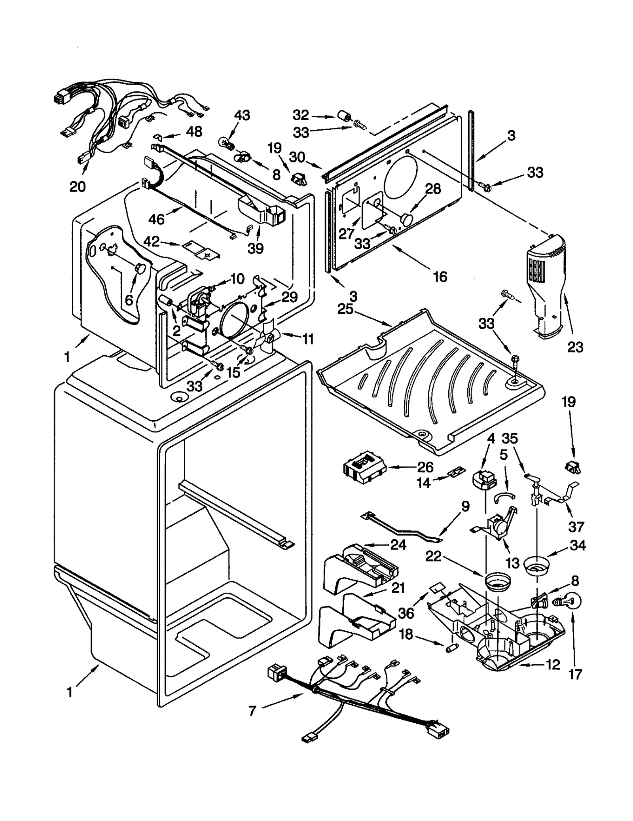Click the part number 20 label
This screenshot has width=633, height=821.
78,186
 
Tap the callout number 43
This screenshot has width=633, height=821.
242,116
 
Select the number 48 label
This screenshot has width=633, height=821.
194,131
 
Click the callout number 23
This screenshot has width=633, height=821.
575,347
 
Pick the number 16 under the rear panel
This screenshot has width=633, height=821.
440,277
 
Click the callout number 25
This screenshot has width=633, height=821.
345,309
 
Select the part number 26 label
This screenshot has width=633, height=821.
426,467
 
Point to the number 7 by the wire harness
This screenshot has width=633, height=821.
253,711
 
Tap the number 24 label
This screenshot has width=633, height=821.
398,545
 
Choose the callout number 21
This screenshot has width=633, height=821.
398,588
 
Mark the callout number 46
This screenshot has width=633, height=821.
157,219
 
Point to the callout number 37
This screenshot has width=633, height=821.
576,527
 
